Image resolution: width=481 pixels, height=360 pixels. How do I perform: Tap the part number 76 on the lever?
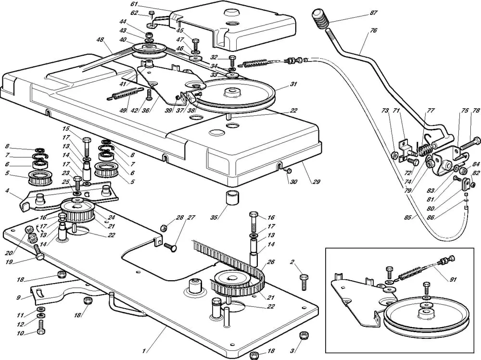pyautogui.click(x=374, y=30)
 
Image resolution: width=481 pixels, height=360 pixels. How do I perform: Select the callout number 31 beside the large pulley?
pyautogui.click(x=294, y=84)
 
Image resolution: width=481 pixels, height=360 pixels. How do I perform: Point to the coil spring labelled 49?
pyautogui.click(x=126, y=94)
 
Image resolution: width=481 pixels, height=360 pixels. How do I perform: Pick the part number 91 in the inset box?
pyautogui.click(x=453, y=279)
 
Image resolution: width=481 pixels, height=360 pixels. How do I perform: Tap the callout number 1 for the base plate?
pyautogui.click(x=144, y=350)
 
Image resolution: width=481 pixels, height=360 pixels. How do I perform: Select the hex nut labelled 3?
pyautogui.click(x=303, y=335)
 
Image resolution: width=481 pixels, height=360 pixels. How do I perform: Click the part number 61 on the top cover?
pyautogui.click(x=134, y=4)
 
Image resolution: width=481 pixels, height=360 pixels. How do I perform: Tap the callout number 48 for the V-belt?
pyautogui.click(x=100, y=39)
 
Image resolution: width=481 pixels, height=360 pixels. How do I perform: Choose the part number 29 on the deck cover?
pyautogui.click(x=316, y=182)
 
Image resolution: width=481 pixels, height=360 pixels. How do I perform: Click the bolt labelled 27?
pyautogui.click(x=171, y=247)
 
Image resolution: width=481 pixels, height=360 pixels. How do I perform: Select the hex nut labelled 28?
pyautogui.click(x=164, y=228)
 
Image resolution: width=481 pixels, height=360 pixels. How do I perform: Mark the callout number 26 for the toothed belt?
pyautogui.click(x=271, y=262)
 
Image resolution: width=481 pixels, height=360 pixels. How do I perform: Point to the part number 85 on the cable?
pyautogui.click(x=408, y=218)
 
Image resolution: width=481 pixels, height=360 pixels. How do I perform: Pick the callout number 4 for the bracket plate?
pyautogui.click(x=6, y=190)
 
